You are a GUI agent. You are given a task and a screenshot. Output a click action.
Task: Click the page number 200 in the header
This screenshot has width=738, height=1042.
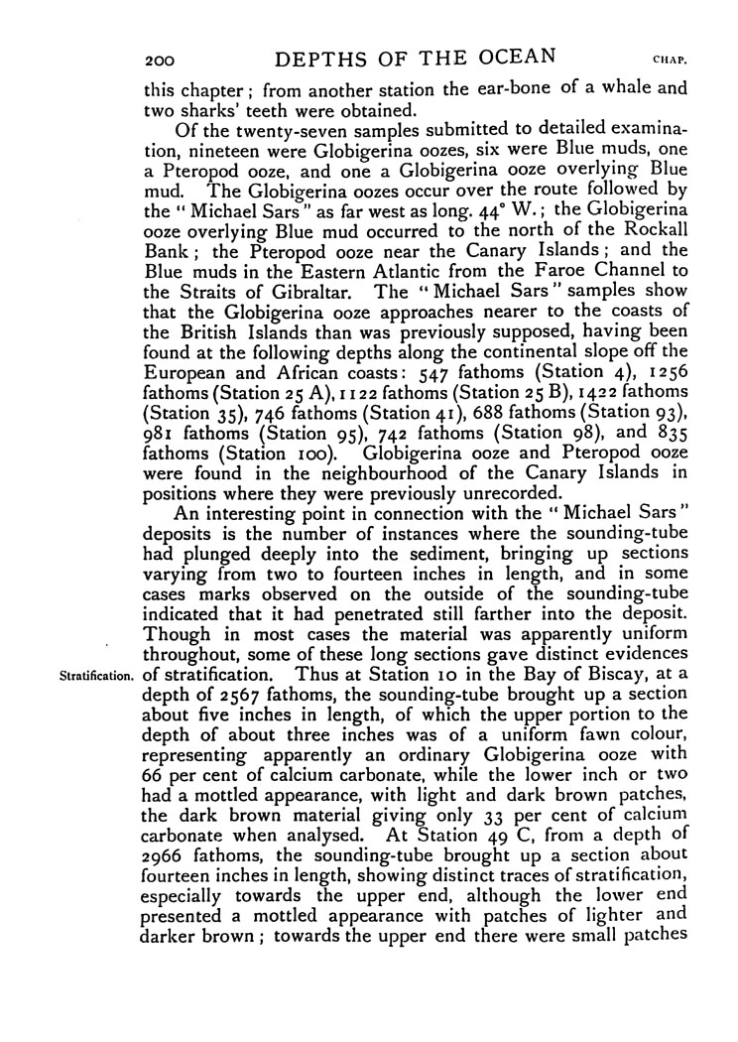pyautogui.click(x=159, y=56)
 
